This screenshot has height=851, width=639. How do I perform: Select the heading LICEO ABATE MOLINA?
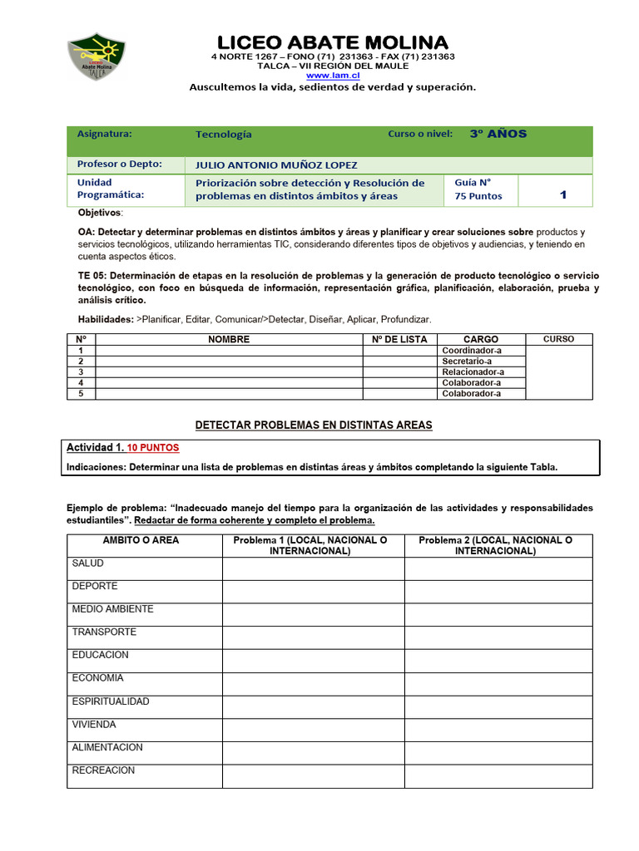[333, 42]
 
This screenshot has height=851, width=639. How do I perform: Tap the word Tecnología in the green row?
[223, 135]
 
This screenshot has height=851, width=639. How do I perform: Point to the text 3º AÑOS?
[498, 134]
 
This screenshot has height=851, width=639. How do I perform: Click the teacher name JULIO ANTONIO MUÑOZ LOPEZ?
[276, 165]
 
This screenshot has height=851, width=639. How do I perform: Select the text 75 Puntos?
[478, 196]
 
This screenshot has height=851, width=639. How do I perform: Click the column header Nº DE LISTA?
[398, 339]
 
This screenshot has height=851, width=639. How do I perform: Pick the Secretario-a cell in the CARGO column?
[467, 362]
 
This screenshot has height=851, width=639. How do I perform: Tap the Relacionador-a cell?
[473, 372]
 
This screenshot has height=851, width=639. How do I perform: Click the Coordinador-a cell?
[472, 351]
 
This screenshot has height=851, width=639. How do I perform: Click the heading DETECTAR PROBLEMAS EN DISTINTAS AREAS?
[314, 425]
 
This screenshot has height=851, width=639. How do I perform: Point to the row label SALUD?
[88, 563]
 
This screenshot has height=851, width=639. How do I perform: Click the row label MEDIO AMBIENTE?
[112, 609]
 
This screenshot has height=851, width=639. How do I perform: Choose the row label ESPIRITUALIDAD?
[111, 701]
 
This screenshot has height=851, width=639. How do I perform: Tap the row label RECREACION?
[103, 770]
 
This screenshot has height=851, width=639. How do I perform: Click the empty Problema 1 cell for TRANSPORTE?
[313, 637]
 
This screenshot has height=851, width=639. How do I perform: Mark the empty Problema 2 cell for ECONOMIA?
[498, 683]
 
